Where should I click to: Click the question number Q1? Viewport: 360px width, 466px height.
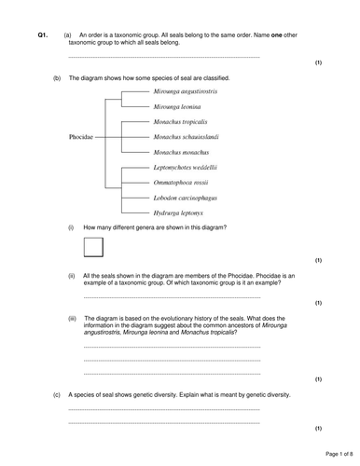pos(42,34)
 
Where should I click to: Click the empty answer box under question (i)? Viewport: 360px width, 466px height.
pos(93,247)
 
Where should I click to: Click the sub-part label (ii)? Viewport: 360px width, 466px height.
pos(71,276)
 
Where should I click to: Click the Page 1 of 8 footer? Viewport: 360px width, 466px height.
pos(334,454)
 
